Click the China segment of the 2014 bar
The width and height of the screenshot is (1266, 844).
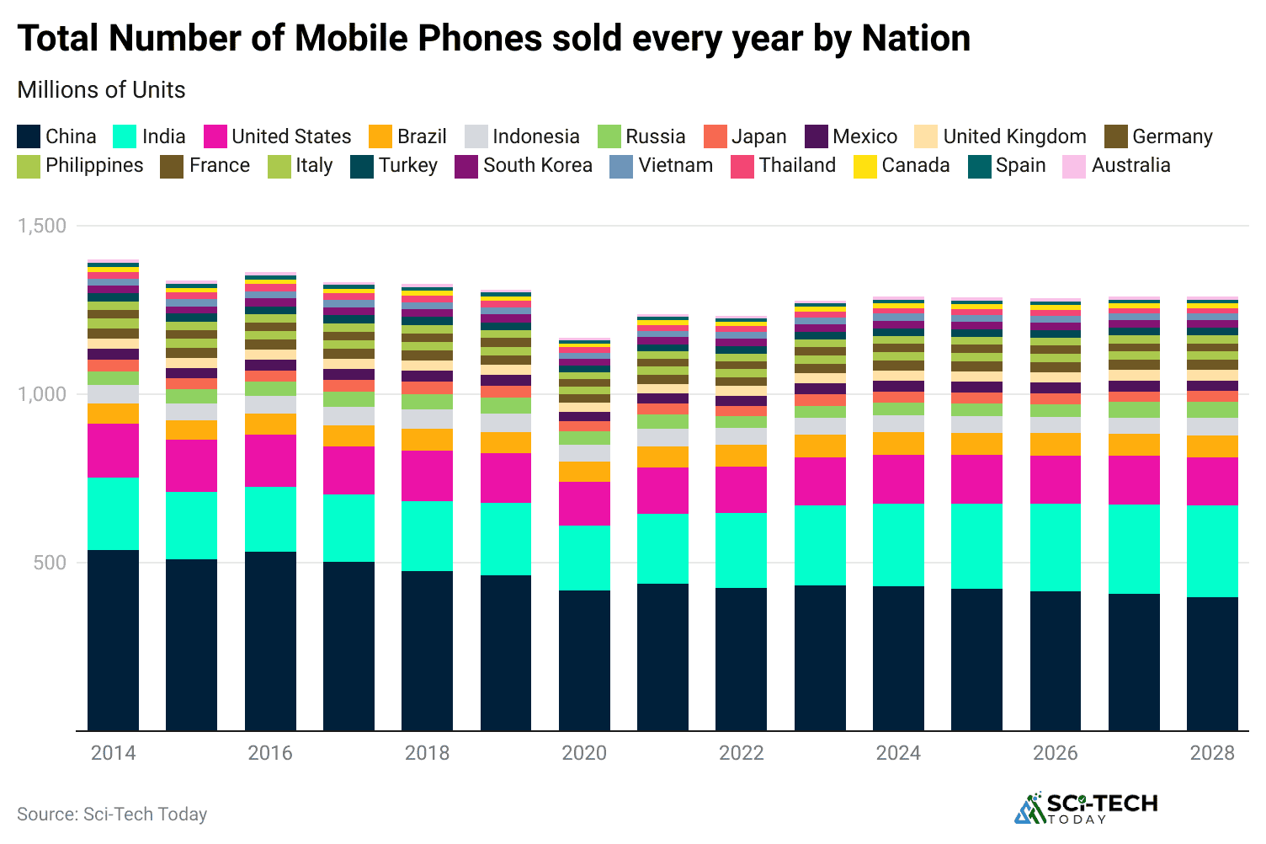tap(113, 640)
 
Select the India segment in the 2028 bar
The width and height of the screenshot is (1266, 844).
tap(1212, 551)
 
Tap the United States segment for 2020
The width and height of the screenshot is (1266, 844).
tap(584, 504)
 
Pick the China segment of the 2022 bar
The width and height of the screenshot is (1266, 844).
tap(741, 659)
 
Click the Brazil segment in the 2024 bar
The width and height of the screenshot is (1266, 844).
tap(898, 443)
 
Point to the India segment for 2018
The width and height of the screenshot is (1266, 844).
tap(427, 536)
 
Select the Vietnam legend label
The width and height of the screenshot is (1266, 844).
tap(675, 165)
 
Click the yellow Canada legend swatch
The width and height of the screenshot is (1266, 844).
tap(865, 166)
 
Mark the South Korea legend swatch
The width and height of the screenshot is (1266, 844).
tap(466, 166)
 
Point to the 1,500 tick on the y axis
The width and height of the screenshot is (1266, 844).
tap(42, 226)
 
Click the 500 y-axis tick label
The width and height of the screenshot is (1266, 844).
tap(50, 563)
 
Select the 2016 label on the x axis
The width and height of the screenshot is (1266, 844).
tap(270, 753)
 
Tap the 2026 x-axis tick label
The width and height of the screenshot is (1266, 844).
tap(1055, 753)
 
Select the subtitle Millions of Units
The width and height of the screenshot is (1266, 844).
tap(101, 90)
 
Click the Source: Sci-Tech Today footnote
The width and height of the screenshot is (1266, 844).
tap(112, 814)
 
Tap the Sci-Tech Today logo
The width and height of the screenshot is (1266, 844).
tap(1086, 808)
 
